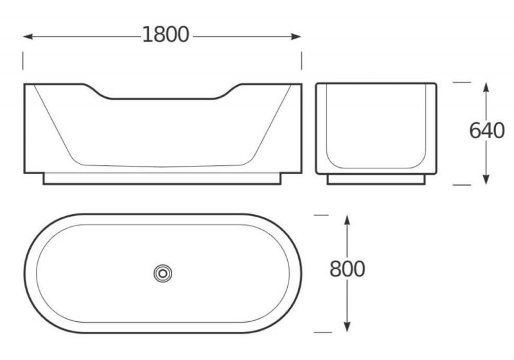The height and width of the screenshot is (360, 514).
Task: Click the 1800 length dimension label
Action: [x=166, y=35]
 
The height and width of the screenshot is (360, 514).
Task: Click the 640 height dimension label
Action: [x=487, y=130]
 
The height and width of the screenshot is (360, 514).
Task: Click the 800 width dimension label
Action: [x=347, y=269]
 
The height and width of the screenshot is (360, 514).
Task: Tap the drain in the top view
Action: [x=163, y=273]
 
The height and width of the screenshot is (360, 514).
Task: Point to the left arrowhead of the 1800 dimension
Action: [x=28, y=37]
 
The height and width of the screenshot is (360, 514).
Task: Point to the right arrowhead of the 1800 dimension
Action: [x=296, y=37]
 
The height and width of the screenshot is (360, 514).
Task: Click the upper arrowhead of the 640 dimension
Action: [x=486, y=87]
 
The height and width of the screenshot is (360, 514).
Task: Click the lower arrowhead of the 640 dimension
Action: [x=486, y=179]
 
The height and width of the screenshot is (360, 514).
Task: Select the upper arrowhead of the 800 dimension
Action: [x=347, y=220]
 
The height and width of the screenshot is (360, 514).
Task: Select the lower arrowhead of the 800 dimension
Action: [x=347, y=327]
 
